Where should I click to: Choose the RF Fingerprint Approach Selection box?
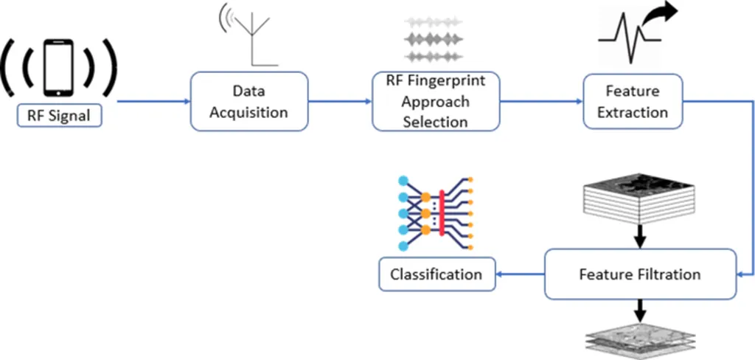[x=435, y=101]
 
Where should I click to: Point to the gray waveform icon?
[x=435, y=38]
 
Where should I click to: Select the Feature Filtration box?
[x=640, y=274]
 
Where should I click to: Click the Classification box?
[x=436, y=274]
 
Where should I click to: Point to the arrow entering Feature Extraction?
[x=541, y=101]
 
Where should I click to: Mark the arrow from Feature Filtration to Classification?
[x=519, y=274]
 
